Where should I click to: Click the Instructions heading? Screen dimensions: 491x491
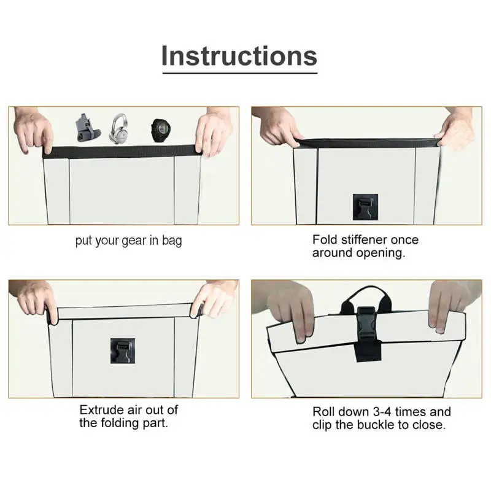[x=239, y=56]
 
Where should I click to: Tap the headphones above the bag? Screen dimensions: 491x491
[x=118, y=129]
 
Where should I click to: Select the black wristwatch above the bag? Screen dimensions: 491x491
[x=161, y=130]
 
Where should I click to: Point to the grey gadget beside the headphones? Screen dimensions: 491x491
[x=87, y=128]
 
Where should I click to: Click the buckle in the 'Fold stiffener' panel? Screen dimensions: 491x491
[x=365, y=207]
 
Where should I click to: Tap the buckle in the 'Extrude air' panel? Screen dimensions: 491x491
[x=123, y=350]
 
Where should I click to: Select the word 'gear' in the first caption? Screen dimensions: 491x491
[x=134, y=241]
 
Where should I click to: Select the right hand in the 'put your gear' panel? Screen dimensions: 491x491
[x=213, y=131]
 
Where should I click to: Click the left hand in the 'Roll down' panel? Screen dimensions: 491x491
[x=290, y=310]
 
